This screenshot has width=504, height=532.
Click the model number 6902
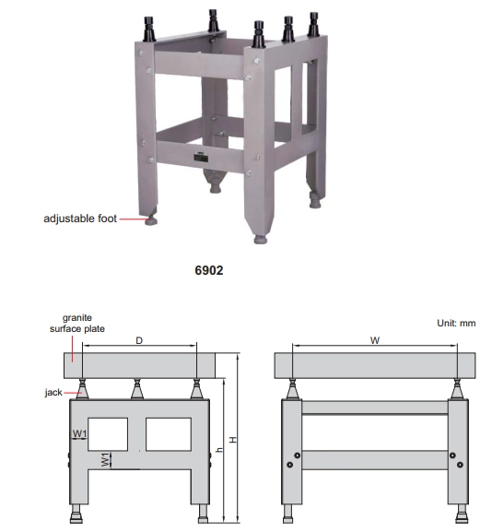tap(209, 270)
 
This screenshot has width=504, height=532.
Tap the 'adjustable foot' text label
tap(80, 219)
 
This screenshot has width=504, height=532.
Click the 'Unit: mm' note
tap(456, 323)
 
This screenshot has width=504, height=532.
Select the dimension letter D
tap(139, 340)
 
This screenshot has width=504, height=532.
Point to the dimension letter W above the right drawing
tap(374, 340)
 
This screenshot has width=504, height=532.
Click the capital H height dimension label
tap(233, 440)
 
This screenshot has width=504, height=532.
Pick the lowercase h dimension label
tap(220, 450)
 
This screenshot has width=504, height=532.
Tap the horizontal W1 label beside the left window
tap(80, 433)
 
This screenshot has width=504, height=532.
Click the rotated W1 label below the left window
tap(105, 459)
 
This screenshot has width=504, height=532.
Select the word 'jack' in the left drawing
tap(53, 392)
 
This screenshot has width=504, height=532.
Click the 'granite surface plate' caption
tap(77, 323)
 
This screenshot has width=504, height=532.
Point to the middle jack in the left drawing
tap(137, 389)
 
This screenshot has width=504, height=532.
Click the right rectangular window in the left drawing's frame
tap(169, 434)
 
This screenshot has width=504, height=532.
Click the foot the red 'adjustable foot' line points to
tap(151, 220)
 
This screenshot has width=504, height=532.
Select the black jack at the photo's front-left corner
tap(149, 29)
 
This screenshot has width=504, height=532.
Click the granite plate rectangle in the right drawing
tap(375, 365)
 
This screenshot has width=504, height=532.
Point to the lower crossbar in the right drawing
tap(375, 460)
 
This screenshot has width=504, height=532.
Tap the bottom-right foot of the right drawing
tap(462, 514)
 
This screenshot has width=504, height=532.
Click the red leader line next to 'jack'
tap(73, 393)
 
